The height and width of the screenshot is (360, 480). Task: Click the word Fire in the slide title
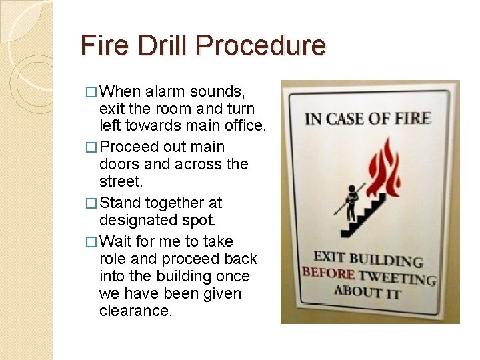[101, 45]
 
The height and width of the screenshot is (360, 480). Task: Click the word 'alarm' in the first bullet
[162, 91]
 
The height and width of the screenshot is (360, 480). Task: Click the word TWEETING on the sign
[397, 277]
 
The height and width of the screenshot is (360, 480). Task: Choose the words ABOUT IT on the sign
[369, 291]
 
